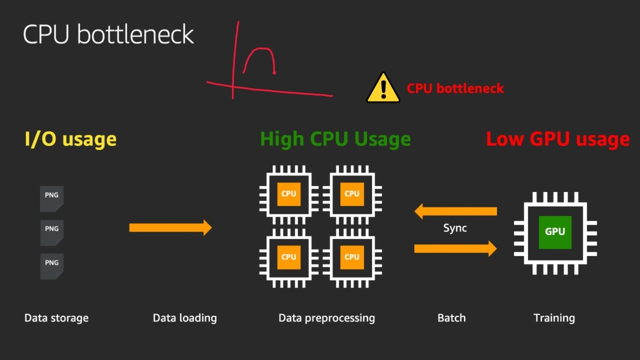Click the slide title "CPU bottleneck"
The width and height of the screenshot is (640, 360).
pyautogui.click(x=108, y=35)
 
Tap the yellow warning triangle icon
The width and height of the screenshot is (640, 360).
pyautogui.click(x=383, y=88)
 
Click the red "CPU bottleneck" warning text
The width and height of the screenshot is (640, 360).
pyautogui.click(x=455, y=89)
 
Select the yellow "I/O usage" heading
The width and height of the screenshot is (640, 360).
pyautogui.click(x=70, y=139)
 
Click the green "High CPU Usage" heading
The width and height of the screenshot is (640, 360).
pyautogui.click(x=335, y=139)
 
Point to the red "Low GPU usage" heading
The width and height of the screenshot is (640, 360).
pyautogui.click(x=557, y=139)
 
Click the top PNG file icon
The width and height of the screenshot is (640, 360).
pyautogui.click(x=52, y=199)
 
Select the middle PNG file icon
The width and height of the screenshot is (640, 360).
pyautogui.click(x=52, y=233)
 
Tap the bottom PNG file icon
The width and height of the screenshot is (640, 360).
pyautogui.click(x=52, y=267)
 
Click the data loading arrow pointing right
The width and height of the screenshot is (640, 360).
pyautogui.click(x=170, y=228)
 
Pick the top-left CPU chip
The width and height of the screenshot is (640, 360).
pyautogui.click(x=289, y=194)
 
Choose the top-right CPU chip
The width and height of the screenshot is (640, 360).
pyautogui.click(x=352, y=194)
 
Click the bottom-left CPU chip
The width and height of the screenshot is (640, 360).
pyautogui.click(x=289, y=257)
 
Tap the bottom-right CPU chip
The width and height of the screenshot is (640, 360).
pyautogui.click(x=352, y=257)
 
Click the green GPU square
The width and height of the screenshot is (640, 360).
pyautogui.click(x=555, y=232)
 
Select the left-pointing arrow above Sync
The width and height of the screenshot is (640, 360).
pyautogui.click(x=455, y=211)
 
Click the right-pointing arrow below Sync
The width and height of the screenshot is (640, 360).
pyautogui.click(x=455, y=248)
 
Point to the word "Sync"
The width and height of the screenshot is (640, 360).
pyautogui.click(x=455, y=228)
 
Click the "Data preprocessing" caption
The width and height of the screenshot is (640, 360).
pyautogui.click(x=326, y=318)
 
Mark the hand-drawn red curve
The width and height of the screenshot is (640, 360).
pyautogui.click(x=260, y=58)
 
